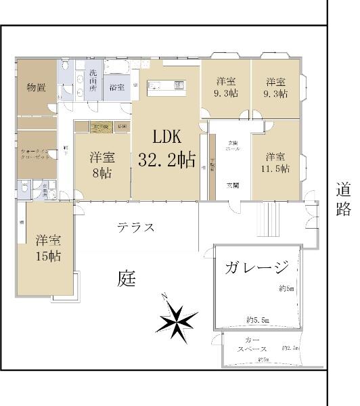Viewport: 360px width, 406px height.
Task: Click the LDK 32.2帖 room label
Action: [166, 149]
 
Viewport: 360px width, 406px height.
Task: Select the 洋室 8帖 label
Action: [102, 164]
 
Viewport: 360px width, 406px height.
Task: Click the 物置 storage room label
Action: [36, 87]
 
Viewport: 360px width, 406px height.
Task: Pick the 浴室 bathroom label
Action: [116, 87]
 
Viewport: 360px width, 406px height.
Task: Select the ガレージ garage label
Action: [258, 267]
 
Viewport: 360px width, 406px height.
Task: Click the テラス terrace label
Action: [135, 227]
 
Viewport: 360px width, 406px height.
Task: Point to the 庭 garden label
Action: [127, 278]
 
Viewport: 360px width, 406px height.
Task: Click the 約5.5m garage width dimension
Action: [258, 319]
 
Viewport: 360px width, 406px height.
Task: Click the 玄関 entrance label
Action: [231, 185]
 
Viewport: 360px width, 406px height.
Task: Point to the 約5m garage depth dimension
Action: [286, 290]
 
